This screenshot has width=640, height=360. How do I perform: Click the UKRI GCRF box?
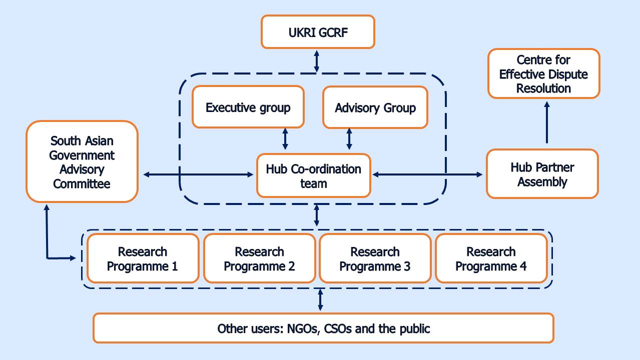(x=318, y=31)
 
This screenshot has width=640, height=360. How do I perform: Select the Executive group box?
(x=248, y=107)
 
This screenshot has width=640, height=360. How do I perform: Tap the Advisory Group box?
(x=375, y=107)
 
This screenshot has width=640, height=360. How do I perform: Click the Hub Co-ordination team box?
(x=313, y=175)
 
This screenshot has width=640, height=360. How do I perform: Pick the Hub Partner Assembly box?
(x=542, y=173)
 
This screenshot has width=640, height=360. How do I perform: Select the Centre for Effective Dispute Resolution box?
(x=543, y=73)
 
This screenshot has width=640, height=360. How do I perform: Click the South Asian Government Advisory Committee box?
(x=82, y=161)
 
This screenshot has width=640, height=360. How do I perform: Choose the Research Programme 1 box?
(x=143, y=258)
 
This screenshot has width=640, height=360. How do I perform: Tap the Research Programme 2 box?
(x=259, y=258)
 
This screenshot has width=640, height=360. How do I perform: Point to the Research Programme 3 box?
(x=375, y=258)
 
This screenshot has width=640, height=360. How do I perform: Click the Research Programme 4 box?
(x=491, y=258)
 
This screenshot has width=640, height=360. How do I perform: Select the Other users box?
(x=323, y=328)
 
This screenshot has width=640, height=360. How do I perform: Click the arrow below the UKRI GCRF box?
(x=317, y=61)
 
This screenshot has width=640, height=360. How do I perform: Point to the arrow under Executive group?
(x=285, y=138)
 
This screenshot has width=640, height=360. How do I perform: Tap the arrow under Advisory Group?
(x=349, y=138)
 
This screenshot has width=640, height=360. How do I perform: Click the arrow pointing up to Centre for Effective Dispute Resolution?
(x=547, y=122)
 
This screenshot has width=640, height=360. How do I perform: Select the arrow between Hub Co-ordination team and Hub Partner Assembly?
(x=428, y=174)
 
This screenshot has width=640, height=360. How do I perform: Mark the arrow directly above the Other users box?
(x=321, y=300)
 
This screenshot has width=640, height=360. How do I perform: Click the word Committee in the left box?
(x=82, y=183)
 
